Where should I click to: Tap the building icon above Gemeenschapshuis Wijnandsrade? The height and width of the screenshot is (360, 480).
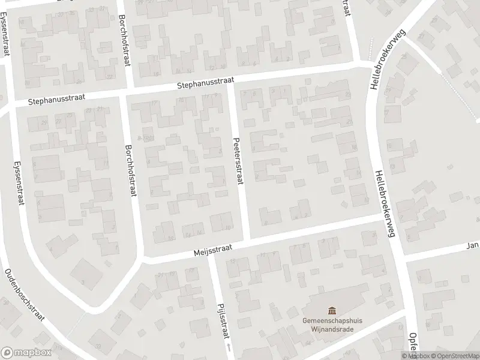point(332,310)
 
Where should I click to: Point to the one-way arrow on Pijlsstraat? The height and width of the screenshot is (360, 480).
point(229,347)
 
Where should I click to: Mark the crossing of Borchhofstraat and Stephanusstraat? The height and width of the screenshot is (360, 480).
point(127,94)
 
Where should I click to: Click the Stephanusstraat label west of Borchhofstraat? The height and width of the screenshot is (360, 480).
point(57,100)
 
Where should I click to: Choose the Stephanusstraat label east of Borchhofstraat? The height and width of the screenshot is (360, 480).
point(205,83)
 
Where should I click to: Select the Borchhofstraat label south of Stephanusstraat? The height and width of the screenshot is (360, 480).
point(129,171)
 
